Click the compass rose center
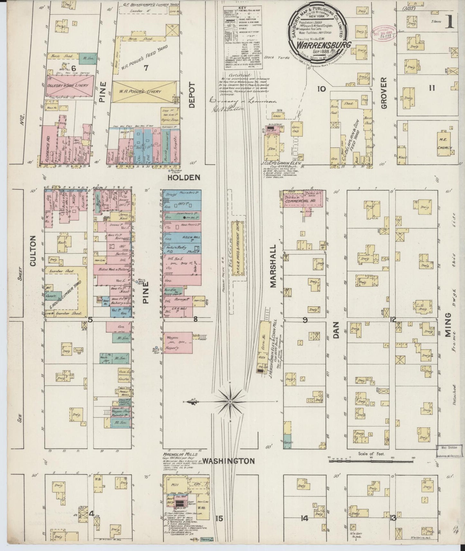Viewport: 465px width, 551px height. pyautogui.click(x=231, y=402)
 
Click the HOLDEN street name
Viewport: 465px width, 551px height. pyautogui.click(x=183, y=177)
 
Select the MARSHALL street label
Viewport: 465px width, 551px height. pyautogui.click(x=274, y=266)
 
